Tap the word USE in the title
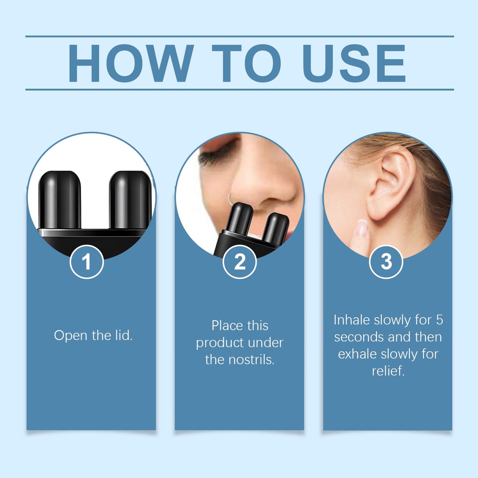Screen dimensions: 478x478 pos(354,63)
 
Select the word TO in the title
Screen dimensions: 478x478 pos(246,63)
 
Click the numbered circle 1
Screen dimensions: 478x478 pos(87,262)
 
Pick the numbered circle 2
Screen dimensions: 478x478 pos(239,262)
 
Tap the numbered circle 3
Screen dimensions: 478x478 pos(386,262)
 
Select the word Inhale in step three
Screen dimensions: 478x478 pos(352,320)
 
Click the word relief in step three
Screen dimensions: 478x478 pos(388,371)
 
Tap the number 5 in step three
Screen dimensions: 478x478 pos(439,320)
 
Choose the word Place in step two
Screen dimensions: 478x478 pos(226,326)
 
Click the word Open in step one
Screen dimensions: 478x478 pos(71,335)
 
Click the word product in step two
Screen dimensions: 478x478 pos(220,343)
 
